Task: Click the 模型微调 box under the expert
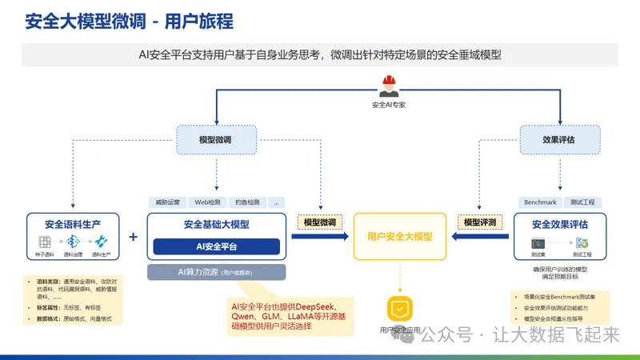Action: [215, 139]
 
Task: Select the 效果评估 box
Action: [558, 139]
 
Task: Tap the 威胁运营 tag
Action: [166, 202]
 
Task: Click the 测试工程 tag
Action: [582, 202]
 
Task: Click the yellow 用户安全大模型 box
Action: [399, 237]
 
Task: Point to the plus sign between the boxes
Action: [133, 237]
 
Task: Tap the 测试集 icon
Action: [538, 242]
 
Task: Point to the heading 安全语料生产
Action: [72, 223]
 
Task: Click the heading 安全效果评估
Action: [559, 224]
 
